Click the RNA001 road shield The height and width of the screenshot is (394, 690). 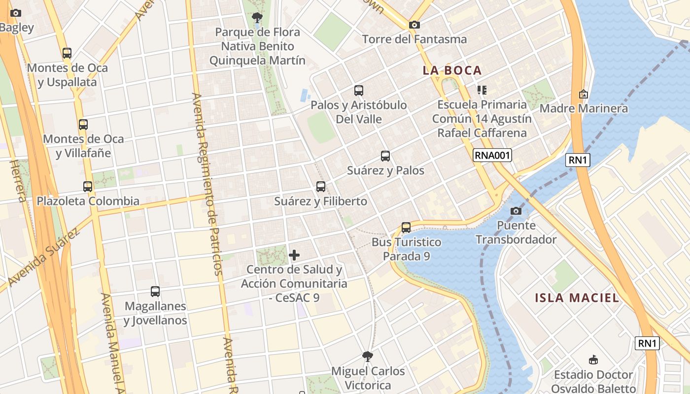click(x=492, y=156)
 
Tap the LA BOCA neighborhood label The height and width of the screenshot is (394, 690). click(x=452, y=70)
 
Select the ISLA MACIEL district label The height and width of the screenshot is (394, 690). click(x=577, y=297)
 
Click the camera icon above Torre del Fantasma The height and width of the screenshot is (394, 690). click(x=414, y=25)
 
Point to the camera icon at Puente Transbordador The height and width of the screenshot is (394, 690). click(x=516, y=211)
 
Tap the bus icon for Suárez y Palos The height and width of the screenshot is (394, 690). click(x=385, y=156)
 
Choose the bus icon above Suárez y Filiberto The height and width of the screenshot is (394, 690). click(x=321, y=187)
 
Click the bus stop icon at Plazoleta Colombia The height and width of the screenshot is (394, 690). click(x=88, y=187)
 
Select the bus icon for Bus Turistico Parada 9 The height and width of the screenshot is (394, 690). click(x=406, y=228)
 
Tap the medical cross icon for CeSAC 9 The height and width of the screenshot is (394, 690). click(x=294, y=255)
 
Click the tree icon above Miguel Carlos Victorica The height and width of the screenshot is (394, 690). click(x=367, y=356)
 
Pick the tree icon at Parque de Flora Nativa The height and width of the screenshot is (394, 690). click(x=257, y=18)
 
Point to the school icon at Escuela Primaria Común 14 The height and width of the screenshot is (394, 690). click(x=482, y=90)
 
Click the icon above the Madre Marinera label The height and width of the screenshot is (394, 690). click(x=584, y=94)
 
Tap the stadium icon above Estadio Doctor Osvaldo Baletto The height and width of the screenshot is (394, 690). click(x=593, y=360)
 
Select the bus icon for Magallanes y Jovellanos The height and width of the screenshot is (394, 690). click(x=155, y=292)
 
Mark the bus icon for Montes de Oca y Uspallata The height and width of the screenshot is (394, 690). click(x=67, y=53)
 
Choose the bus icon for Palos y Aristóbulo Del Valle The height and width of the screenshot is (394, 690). click(x=359, y=91)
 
